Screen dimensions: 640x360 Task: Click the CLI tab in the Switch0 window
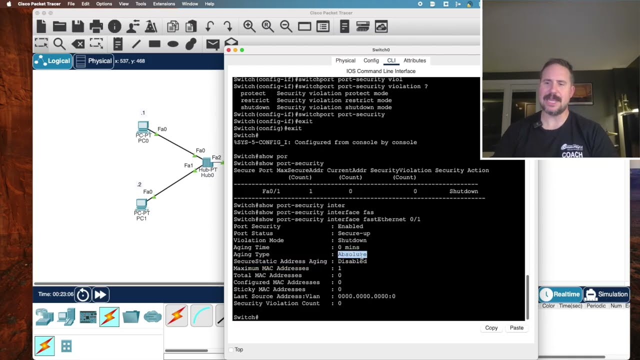391,60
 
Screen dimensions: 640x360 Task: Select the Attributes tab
414,60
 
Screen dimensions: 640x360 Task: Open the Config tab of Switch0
371,60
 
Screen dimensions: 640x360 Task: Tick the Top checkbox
231,349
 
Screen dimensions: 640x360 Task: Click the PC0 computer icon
143,126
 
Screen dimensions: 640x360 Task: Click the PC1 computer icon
141,204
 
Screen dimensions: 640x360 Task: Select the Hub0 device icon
207,162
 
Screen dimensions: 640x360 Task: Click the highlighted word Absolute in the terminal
352,254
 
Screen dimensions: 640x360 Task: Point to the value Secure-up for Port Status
354,233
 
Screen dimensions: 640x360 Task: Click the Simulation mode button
606,294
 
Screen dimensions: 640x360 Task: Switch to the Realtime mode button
560,294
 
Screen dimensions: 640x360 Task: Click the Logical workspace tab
52,61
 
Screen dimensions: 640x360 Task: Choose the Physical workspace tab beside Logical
93,61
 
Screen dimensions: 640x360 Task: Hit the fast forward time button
100,294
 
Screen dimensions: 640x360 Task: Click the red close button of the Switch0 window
228,50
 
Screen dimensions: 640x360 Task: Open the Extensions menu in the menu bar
164,4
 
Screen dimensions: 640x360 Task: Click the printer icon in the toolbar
96,26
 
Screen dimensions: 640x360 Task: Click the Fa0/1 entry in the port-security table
271,191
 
